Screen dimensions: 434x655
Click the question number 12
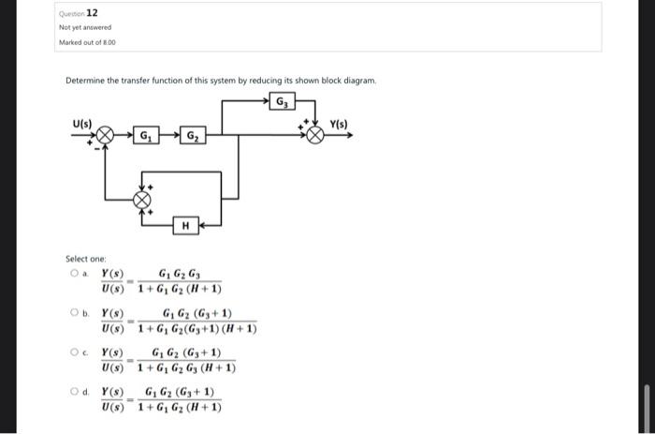(x=92, y=12)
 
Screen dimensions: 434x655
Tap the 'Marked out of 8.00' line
(x=87, y=42)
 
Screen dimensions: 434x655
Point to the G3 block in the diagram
(x=282, y=101)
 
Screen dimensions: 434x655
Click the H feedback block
(x=185, y=225)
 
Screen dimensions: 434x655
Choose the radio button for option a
(x=73, y=274)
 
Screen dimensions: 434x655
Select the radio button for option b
(x=73, y=314)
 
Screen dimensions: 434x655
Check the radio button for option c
(x=73, y=353)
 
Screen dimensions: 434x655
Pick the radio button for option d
(x=73, y=393)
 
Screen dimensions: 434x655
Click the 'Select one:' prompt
(x=86, y=258)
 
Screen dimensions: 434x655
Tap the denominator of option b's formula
(x=196, y=328)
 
